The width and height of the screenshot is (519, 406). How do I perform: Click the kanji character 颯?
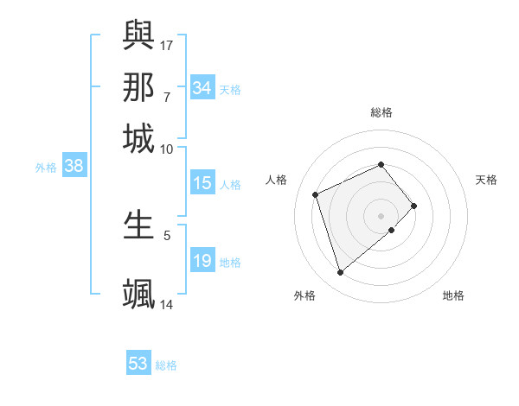[x=138, y=293]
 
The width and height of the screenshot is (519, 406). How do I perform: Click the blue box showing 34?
[x=202, y=88]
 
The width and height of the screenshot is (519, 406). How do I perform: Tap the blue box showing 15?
[x=202, y=183]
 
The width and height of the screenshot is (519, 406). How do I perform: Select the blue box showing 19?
[x=202, y=262]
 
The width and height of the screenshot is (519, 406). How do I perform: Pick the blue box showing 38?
[x=74, y=167]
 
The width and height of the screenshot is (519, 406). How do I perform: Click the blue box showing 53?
[x=138, y=364]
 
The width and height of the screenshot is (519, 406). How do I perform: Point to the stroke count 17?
[x=167, y=45]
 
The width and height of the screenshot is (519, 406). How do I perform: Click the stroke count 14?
[x=167, y=304]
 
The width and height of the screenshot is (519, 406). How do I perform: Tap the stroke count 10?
[x=167, y=149]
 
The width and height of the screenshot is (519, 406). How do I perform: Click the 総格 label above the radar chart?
[x=381, y=112]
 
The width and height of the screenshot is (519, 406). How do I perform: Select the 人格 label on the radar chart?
[x=277, y=180]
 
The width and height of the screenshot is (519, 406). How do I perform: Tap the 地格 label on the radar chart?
[x=453, y=295]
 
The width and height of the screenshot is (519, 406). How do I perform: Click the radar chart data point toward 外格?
[x=341, y=273]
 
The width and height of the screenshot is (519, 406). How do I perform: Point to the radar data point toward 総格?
[x=381, y=164]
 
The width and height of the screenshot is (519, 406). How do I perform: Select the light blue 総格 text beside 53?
[x=166, y=365]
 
